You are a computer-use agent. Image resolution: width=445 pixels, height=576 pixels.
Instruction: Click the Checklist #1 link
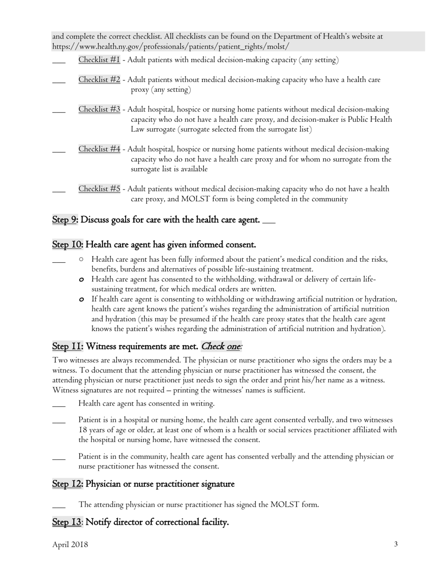99,60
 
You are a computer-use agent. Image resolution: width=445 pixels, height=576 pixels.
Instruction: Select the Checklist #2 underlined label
99,80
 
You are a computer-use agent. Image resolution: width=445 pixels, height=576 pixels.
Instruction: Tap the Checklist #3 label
99,110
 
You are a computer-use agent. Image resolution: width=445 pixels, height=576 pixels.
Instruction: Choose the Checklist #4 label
99,149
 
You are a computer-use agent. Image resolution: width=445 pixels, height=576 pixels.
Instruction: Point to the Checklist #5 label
99,189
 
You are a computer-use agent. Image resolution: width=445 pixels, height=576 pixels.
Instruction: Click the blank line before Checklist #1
59,62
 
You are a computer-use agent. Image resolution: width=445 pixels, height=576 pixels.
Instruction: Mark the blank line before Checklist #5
59,192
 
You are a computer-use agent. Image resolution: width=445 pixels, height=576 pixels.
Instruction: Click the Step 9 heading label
64,220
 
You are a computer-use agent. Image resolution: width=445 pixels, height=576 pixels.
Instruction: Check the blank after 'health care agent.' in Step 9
269,222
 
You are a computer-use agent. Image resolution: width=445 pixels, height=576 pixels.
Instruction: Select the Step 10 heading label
67,245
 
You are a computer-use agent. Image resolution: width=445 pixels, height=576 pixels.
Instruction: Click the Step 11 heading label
67,347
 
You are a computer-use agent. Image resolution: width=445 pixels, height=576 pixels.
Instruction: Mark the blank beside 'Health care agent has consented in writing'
59,406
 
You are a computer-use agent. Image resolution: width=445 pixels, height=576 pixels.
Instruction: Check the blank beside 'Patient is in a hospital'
59,422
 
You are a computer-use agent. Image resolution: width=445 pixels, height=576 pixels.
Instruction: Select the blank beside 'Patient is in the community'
59,459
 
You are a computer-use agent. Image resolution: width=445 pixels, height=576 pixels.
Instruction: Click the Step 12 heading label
67,484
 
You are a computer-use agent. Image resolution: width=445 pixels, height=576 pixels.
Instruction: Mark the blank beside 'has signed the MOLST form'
59,507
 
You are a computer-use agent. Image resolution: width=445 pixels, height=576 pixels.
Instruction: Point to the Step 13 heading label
67,522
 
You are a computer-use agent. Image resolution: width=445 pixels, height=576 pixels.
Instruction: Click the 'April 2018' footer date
70,545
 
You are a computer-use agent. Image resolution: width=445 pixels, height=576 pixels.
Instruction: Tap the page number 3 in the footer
396,545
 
